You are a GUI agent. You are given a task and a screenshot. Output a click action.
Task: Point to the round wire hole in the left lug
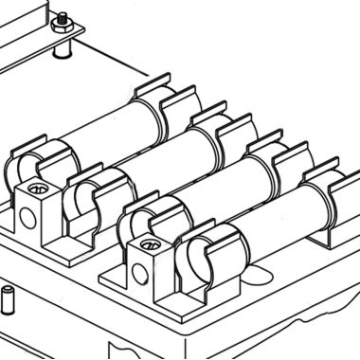[x=27, y=217]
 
